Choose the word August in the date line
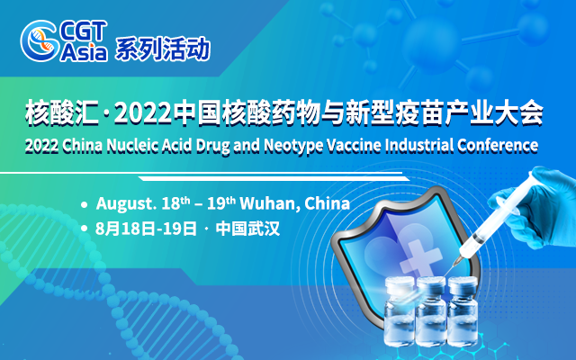[x=123, y=203]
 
